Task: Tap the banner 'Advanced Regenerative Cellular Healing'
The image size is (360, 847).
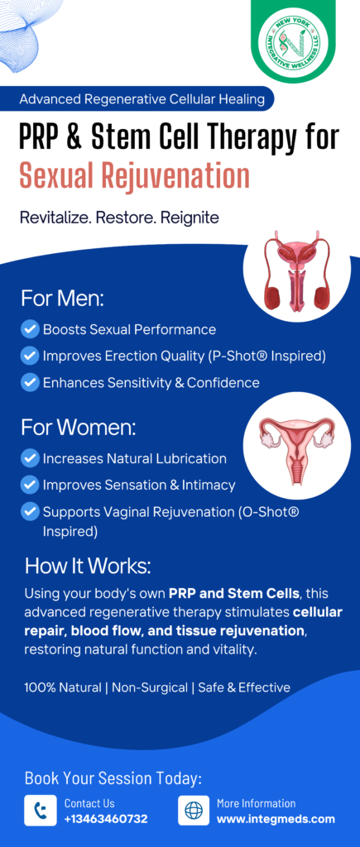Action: click(x=142, y=99)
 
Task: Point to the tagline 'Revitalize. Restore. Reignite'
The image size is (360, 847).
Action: click(x=119, y=218)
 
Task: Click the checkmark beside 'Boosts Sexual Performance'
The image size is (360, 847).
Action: click(x=30, y=329)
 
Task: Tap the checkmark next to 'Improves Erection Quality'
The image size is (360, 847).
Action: click(x=30, y=356)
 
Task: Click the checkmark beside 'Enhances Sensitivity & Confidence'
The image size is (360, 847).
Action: click(x=30, y=382)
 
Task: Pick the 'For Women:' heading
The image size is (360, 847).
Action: click(x=79, y=428)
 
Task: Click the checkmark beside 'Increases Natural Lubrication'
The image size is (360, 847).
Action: click(x=30, y=458)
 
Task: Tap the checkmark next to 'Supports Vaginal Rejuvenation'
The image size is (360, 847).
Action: click(x=30, y=511)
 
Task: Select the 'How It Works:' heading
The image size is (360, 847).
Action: click(x=88, y=566)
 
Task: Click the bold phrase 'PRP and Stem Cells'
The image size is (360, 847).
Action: click(x=234, y=594)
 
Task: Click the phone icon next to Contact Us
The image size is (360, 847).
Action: click(x=41, y=810)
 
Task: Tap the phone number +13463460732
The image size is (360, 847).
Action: click(x=106, y=819)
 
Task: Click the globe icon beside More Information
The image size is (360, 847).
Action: click(x=194, y=810)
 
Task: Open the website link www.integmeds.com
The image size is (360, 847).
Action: click(x=276, y=819)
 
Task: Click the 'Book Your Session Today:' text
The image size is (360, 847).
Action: click(x=113, y=778)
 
